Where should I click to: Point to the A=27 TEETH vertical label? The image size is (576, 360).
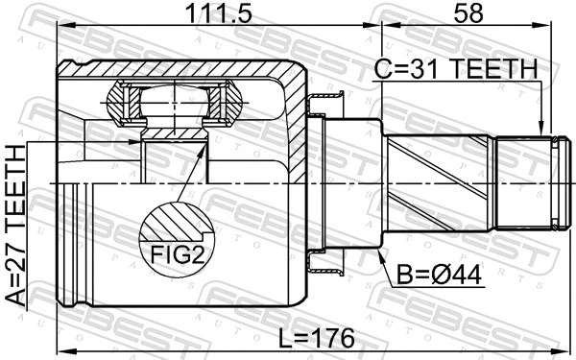point(17,226)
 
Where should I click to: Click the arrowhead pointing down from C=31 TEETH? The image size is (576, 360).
point(543,128)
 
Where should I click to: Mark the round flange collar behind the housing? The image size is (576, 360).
point(325,182)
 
